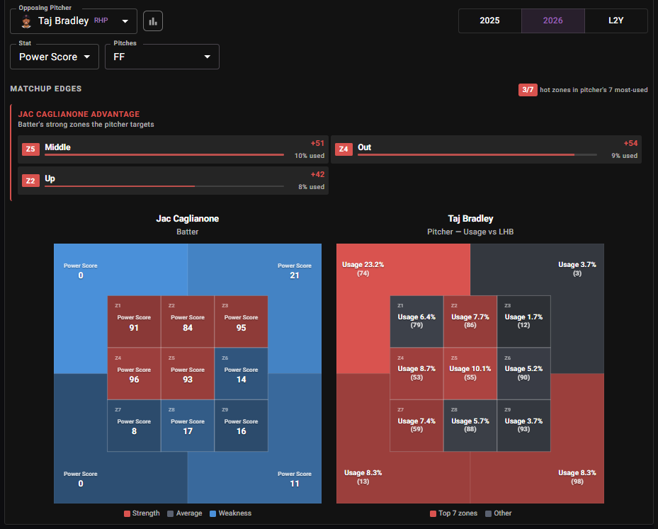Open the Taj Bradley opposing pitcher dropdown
coord(74,21)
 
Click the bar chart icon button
coord(153,21)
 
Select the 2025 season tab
coord(489,21)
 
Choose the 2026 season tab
coord(552,21)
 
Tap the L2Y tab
coord(616,21)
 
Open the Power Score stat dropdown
coord(55,57)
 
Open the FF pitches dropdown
coord(162,57)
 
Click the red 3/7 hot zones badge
coord(528,90)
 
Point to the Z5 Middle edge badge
coord(30,149)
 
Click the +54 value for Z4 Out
coord(630,144)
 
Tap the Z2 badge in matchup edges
coord(30,181)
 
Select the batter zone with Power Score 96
coord(134,373)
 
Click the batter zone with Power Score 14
coord(241,373)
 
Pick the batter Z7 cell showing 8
coord(134,426)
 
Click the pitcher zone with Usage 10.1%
coord(470,373)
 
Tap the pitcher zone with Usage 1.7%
coord(523,322)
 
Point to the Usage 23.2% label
coord(363,265)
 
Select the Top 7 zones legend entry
coord(453,513)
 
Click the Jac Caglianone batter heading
coord(187,219)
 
